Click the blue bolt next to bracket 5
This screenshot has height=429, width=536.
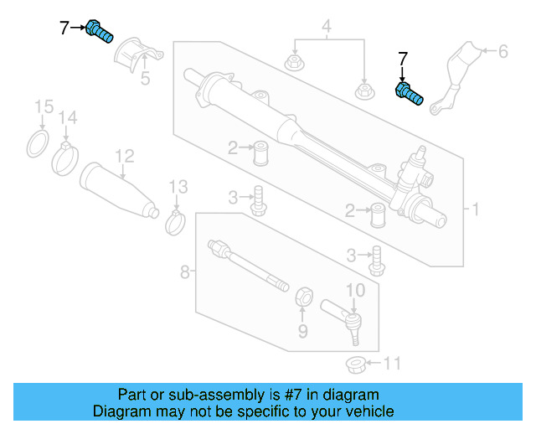(x=100, y=32)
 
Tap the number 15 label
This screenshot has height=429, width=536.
(x=43, y=106)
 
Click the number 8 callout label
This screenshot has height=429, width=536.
(x=185, y=271)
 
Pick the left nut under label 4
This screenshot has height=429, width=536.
(x=295, y=62)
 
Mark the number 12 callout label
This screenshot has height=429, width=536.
(x=124, y=156)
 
